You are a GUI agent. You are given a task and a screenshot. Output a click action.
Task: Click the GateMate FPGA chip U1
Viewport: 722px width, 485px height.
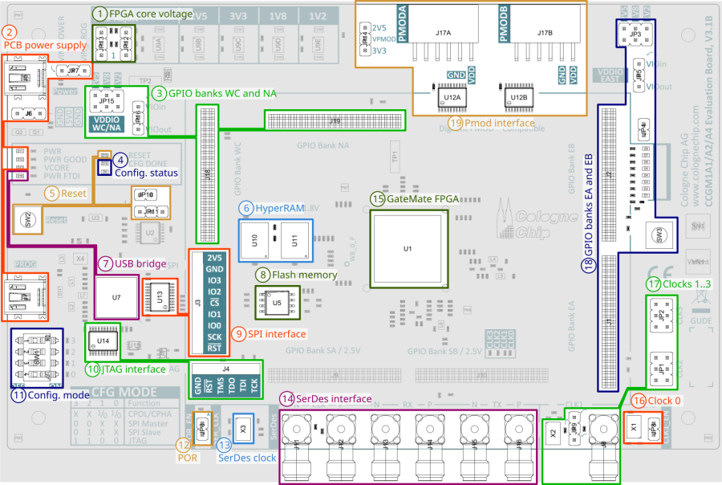[407, 249]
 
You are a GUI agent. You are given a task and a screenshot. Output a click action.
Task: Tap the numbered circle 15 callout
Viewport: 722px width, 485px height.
[377, 198]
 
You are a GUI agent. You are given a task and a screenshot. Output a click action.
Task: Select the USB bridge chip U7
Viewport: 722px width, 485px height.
[116, 297]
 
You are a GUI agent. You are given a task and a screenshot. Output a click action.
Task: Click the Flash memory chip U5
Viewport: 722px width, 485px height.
[277, 304]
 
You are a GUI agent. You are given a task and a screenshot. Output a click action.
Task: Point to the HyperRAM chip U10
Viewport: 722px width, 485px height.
[255, 241]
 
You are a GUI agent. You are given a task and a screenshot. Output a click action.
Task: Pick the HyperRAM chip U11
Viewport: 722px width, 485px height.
[294, 241]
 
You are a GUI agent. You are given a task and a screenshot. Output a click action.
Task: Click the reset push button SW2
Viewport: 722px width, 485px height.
[27, 218]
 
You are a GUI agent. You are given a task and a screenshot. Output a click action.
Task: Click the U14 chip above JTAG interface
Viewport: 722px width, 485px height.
[103, 340]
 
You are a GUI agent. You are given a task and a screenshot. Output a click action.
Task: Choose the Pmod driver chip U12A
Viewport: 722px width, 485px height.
[452, 98]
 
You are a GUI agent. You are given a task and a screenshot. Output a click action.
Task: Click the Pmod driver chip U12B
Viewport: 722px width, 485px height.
[518, 98]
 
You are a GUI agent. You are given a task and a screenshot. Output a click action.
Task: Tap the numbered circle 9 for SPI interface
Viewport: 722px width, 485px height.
[238, 333]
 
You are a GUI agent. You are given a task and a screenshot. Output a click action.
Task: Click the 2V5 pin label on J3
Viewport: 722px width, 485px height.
[214, 258]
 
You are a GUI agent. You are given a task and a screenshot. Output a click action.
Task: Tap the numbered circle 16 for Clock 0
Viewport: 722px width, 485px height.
[639, 401]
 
